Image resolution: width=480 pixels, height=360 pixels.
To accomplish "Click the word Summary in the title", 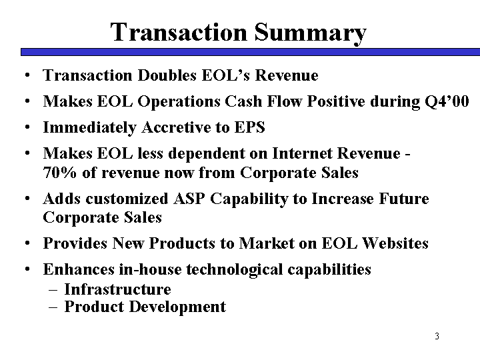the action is [310, 33].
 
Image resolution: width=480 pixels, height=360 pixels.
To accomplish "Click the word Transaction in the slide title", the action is [179, 32].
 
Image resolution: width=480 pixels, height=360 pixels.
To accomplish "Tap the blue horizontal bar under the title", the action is [250, 52].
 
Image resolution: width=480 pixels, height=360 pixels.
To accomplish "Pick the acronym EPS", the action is [249, 127].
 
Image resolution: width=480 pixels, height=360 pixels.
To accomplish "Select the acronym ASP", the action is [189, 199].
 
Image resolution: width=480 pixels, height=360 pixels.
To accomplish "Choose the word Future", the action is [404, 199].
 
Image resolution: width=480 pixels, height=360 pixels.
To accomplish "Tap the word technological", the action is [234, 270].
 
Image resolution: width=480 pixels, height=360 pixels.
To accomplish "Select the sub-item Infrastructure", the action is [117, 289].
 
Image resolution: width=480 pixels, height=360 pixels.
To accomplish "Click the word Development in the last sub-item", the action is [177, 307].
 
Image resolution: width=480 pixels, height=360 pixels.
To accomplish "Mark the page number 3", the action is [437, 336].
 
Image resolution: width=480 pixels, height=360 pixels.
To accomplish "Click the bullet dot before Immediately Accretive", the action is [27, 127].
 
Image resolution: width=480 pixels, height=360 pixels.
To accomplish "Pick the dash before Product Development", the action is [53, 307].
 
